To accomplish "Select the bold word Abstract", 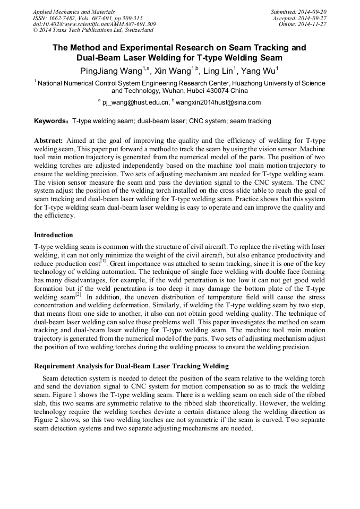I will click(48, 140).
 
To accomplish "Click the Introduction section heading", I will click(54, 235).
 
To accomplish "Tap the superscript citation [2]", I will click(78, 294).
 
